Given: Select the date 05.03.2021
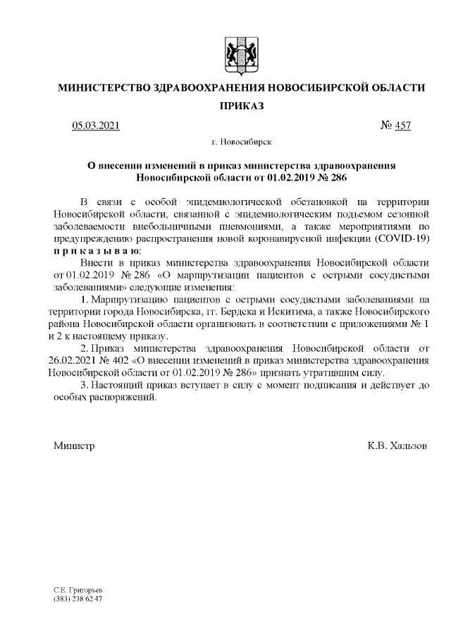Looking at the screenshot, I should point(96,126).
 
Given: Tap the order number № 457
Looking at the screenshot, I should point(395,126).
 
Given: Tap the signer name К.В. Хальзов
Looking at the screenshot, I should point(397,446).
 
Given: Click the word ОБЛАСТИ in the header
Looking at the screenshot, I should point(398,88).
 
